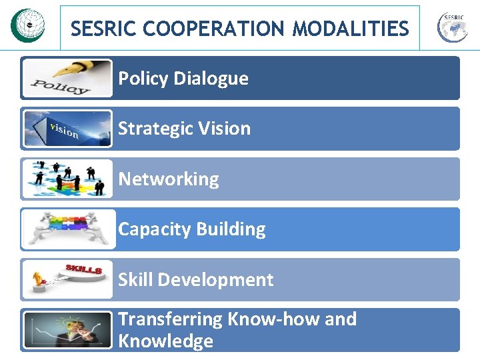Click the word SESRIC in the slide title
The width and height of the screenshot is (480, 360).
coord(103,29)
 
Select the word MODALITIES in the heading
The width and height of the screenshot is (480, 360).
coord(351,29)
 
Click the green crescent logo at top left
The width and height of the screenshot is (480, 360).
coord(27,25)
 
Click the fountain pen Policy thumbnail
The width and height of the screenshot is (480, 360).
coord(67,78)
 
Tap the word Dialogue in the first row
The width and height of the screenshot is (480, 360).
coord(211,79)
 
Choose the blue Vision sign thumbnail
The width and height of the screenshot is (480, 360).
coord(67,129)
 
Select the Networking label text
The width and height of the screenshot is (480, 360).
coord(169,179)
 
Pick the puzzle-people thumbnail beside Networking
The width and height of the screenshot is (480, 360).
coord(67,179)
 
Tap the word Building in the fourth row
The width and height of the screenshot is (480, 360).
coord(231,229)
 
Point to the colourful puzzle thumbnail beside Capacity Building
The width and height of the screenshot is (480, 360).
coord(67,229)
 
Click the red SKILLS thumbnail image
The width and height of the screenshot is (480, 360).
coord(67,279)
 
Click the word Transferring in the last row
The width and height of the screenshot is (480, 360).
coord(170,319)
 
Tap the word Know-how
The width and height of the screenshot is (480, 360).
coord(273,319)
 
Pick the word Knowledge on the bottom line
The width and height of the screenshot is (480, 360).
coord(165,341)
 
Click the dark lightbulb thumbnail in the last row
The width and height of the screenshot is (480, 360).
coord(67,330)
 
